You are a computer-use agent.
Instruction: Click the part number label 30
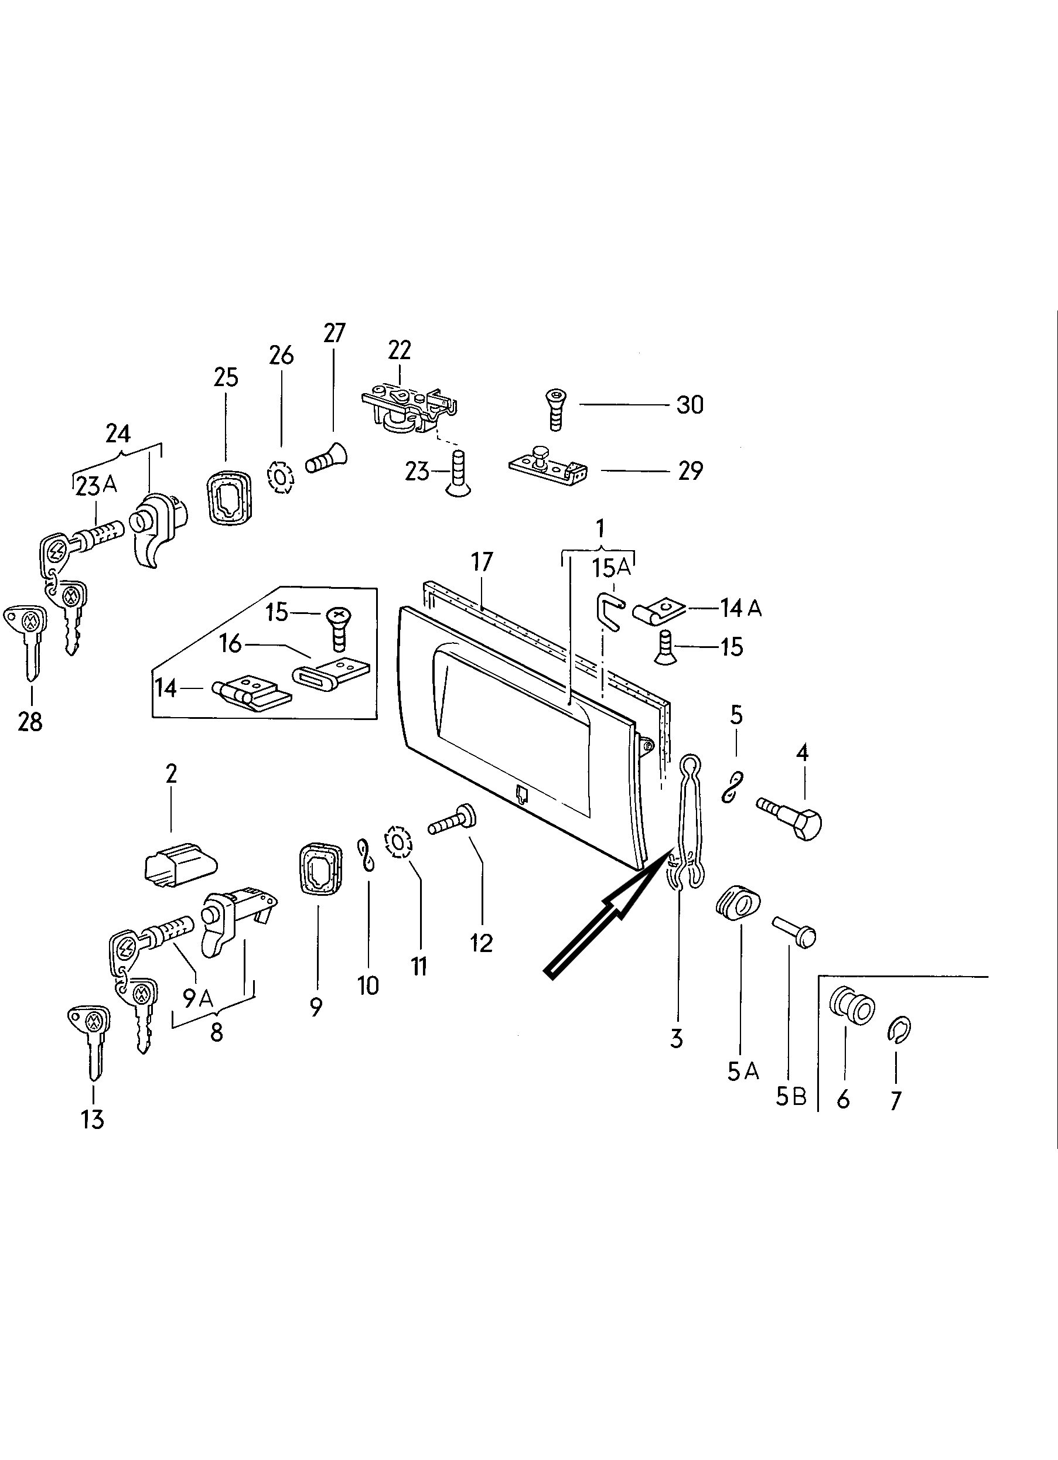[690, 405]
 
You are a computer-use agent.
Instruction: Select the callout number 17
[482, 562]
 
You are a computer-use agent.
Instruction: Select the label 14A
[740, 608]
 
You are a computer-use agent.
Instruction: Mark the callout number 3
[675, 1038]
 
